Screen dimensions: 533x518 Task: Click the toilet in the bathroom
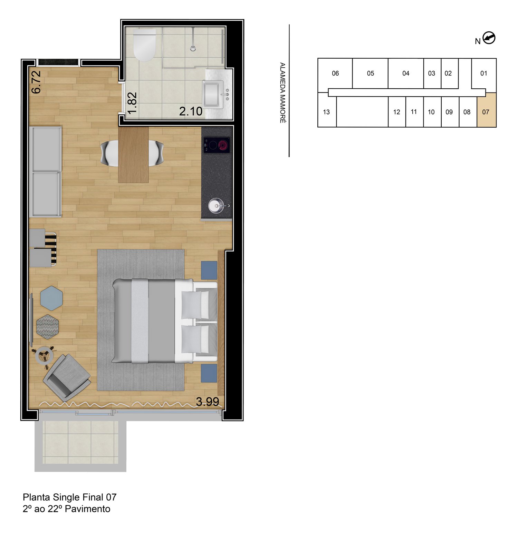click(x=145, y=45)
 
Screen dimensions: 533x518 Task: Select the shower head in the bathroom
click(x=193, y=48)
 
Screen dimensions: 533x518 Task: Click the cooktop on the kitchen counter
click(x=217, y=145)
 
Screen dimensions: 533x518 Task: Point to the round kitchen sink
click(x=217, y=206)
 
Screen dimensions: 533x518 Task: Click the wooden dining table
click(x=133, y=155)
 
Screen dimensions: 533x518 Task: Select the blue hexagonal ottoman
click(x=51, y=298)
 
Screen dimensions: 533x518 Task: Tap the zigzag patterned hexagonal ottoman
click(x=48, y=326)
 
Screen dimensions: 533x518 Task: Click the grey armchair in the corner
click(x=67, y=377)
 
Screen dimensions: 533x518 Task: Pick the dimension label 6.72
click(x=36, y=82)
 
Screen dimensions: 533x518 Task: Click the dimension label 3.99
click(x=207, y=402)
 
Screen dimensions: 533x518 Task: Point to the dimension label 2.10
click(x=191, y=111)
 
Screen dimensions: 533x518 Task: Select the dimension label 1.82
click(x=132, y=103)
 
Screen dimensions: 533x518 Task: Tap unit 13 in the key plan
click(x=326, y=112)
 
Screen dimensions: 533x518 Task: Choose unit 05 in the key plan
click(x=370, y=73)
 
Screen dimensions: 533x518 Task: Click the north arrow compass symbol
click(x=489, y=38)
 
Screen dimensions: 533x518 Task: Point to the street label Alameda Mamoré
click(x=282, y=92)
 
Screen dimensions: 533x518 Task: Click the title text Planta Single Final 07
click(x=69, y=497)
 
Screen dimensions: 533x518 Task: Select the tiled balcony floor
click(x=80, y=442)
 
